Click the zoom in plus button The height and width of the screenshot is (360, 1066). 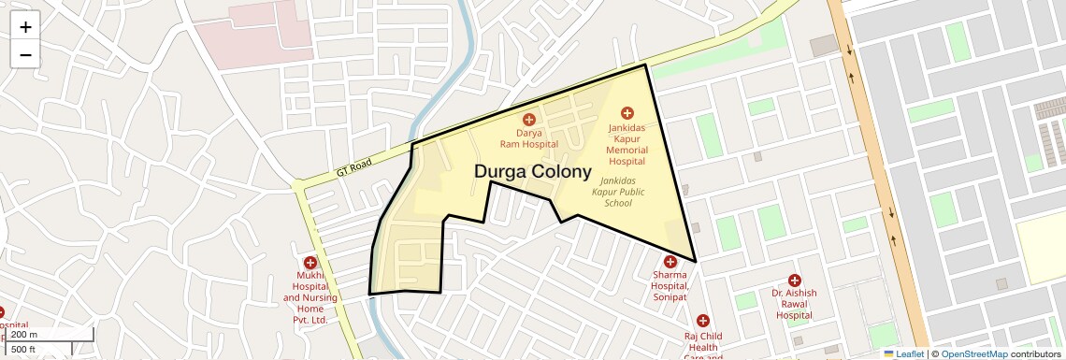(x=25, y=27)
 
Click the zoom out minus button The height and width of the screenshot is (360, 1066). (x=25, y=54)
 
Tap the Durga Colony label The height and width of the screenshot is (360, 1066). (x=533, y=172)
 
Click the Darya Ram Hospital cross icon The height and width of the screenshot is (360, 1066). (x=528, y=119)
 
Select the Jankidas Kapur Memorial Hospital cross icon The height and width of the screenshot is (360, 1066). (x=627, y=113)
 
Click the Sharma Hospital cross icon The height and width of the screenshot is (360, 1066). (x=670, y=262)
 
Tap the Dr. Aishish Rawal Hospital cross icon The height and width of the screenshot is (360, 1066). (x=795, y=280)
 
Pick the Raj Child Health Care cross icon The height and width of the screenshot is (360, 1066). (x=703, y=321)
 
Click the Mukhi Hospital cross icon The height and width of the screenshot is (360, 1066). (x=310, y=263)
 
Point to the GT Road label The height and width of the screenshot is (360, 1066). (x=354, y=168)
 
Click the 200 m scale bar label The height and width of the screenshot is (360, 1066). (x=25, y=335)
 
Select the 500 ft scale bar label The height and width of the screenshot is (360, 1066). (x=23, y=350)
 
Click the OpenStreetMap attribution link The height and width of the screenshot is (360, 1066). (x=973, y=353)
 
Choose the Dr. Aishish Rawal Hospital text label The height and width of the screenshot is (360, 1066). (x=794, y=304)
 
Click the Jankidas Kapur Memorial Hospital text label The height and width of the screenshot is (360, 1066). (x=627, y=143)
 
